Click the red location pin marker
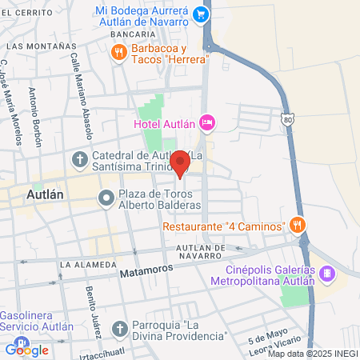point(180,163)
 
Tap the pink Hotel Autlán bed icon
point(207,122)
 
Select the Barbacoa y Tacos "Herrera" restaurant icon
point(119,53)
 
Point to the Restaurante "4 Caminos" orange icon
point(298,225)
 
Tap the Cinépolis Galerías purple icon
point(326,274)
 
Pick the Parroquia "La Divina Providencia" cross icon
point(120,328)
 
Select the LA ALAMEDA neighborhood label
point(88,264)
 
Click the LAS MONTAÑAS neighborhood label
point(31,46)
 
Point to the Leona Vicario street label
point(285,342)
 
